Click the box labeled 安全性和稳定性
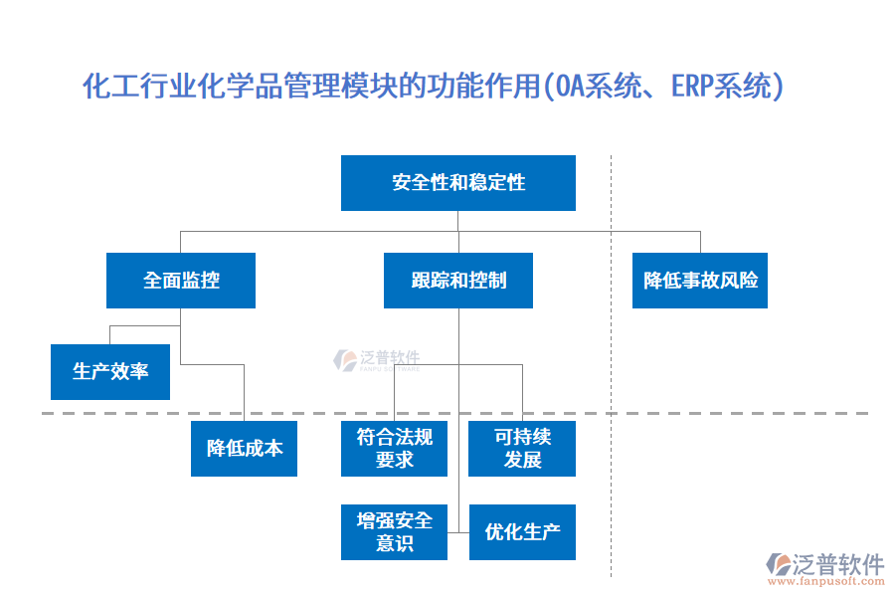(457, 183)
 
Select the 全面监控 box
(181, 281)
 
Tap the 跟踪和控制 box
(457, 281)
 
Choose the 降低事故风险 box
(700, 281)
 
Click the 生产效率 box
(110, 372)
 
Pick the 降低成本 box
(244, 449)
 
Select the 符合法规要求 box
(394, 449)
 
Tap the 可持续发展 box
(522, 449)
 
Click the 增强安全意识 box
(394, 532)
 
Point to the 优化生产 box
(522, 532)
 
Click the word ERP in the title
(689, 87)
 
